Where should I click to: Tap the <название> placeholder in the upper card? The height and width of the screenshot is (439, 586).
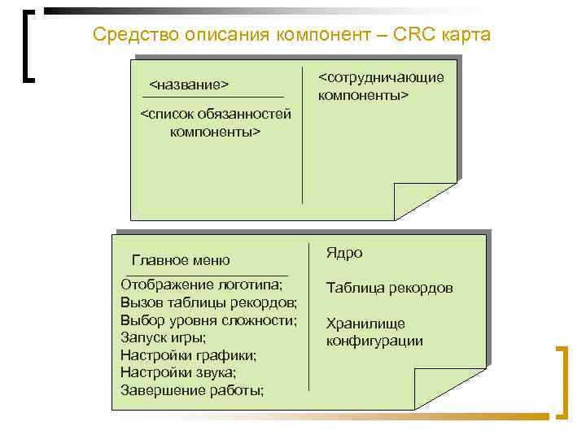(188, 85)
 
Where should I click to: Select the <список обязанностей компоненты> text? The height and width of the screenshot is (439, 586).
(215, 122)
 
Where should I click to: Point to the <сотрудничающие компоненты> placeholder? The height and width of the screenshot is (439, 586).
(380, 85)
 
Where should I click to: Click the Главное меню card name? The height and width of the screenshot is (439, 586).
(181, 260)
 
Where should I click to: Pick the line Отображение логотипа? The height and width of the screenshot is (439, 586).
(201, 285)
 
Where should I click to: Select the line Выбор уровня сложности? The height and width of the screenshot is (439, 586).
(208, 319)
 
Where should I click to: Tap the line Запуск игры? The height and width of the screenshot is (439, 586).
(163, 337)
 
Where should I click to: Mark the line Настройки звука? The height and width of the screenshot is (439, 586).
(177, 372)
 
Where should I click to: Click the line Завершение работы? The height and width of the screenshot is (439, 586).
(192, 390)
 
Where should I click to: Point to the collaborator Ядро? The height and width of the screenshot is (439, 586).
(344, 253)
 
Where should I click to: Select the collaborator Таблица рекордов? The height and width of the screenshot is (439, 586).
(389, 288)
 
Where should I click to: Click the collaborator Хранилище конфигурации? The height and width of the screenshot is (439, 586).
(374, 332)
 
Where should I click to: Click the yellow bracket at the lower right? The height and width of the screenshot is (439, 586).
(562, 382)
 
